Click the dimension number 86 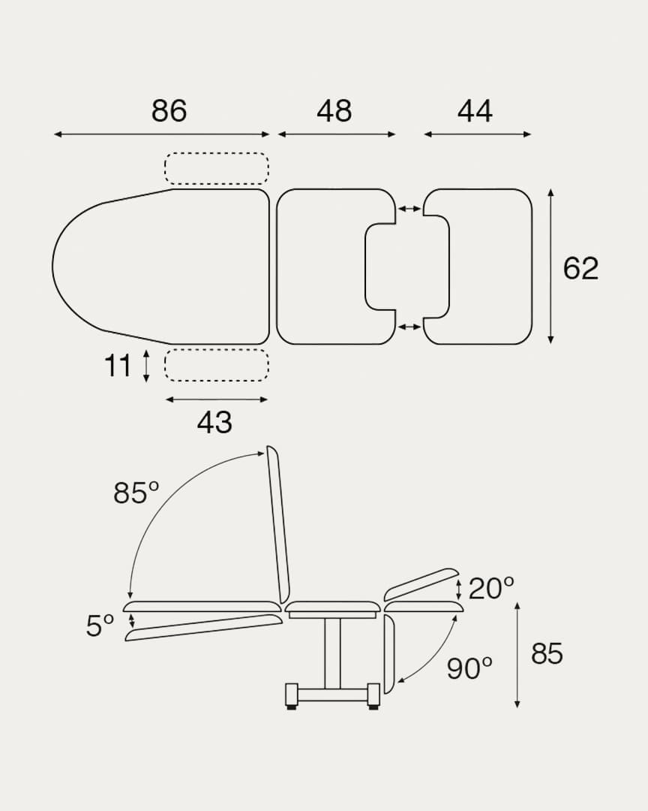pyautogui.click(x=169, y=110)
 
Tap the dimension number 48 pyautogui.click(x=334, y=110)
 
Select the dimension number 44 pyautogui.click(x=475, y=110)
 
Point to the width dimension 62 pyautogui.click(x=580, y=268)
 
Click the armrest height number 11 pyautogui.click(x=118, y=366)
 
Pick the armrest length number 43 pyautogui.click(x=214, y=422)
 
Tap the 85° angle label pyautogui.click(x=136, y=493)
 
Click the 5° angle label pyautogui.click(x=100, y=626)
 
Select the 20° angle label pyautogui.click(x=491, y=588)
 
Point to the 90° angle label pyautogui.click(x=469, y=668)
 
